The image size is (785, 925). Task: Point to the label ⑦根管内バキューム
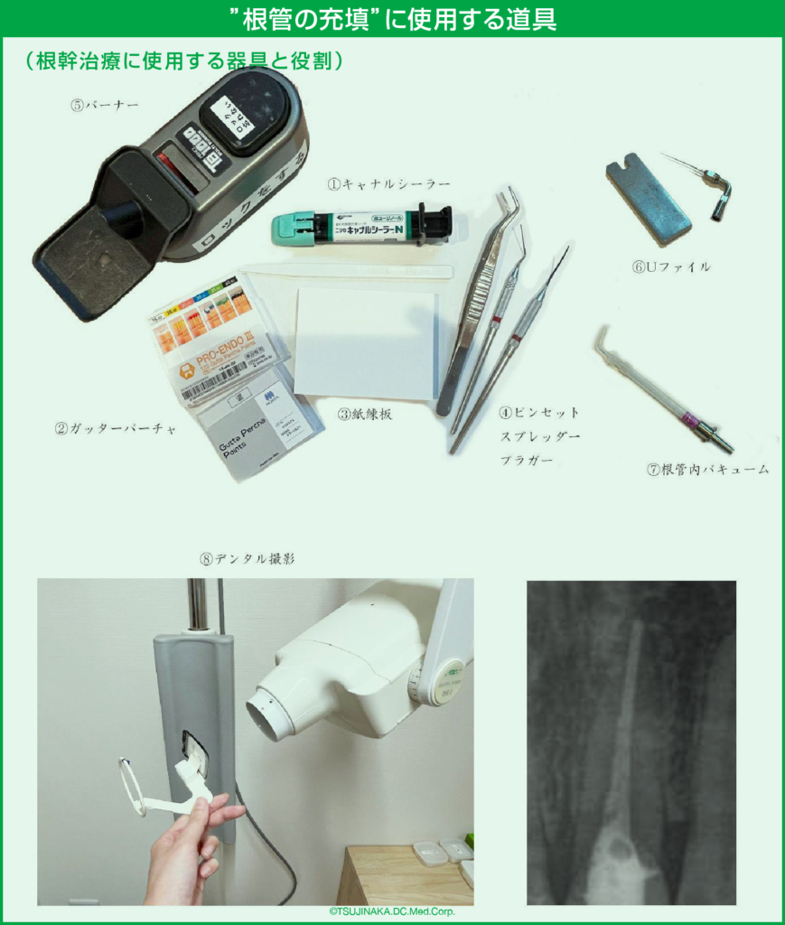pos(707,470)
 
